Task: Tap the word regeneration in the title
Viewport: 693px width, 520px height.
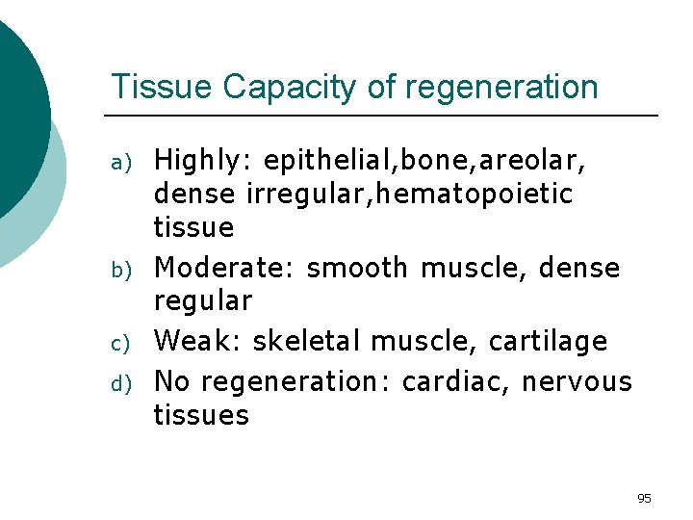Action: coord(501,87)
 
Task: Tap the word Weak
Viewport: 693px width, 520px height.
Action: coord(193,341)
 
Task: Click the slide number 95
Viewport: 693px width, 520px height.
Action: coord(644,498)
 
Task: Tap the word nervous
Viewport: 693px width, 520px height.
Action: coord(577,380)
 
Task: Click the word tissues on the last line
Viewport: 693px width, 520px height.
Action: coord(201,415)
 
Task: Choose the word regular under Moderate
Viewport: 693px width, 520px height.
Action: coord(202,301)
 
